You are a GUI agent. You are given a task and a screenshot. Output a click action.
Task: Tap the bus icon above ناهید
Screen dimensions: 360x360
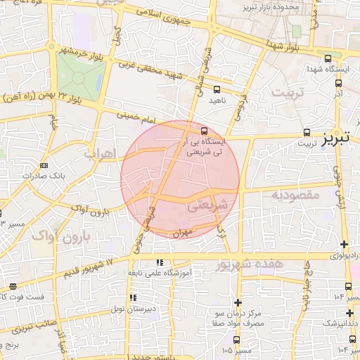pos(217,89)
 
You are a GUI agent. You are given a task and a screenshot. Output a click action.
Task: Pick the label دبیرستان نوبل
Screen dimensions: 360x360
pos(139,309)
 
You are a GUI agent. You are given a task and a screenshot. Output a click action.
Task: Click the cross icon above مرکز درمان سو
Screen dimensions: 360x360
pos(238,301)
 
